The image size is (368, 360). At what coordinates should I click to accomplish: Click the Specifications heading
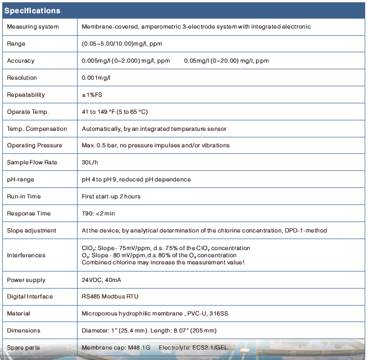pyautogui.click(x=32, y=10)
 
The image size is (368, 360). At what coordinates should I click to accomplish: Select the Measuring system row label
pyautogui.click(x=32, y=26)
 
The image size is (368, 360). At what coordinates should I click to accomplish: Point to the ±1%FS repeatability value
pyautogui.click(x=92, y=95)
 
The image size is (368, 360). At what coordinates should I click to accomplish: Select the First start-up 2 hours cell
pyautogui.click(x=111, y=196)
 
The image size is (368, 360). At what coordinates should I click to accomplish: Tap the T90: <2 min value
pyautogui.click(x=98, y=213)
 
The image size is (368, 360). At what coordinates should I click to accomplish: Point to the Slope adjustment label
pyautogui.click(x=31, y=230)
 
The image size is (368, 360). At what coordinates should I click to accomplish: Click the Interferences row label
pyautogui.click(x=26, y=255)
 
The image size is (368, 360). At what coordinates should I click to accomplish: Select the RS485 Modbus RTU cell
pyautogui.click(x=110, y=296)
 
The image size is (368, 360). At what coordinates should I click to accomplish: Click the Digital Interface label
pyautogui.click(x=30, y=296)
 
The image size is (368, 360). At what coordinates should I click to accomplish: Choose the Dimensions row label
pyautogui.click(x=24, y=330)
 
